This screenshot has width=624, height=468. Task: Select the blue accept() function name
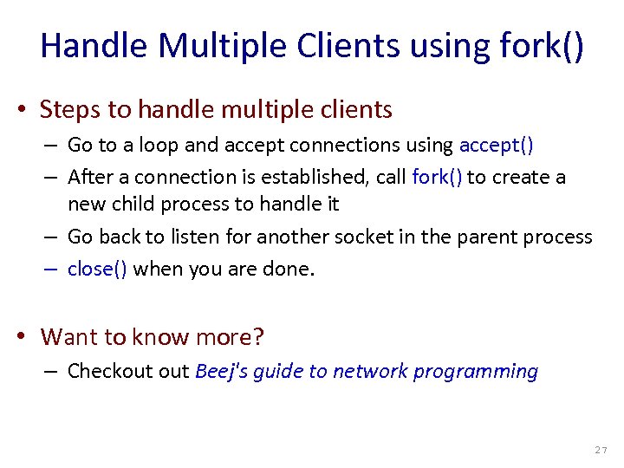pyautogui.click(x=496, y=146)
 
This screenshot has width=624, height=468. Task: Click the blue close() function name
pyautogui.click(x=97, y=269)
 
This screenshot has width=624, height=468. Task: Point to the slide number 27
pyautogui.click(x=601, y=451)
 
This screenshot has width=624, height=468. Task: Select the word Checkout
pyautogui.click(x=105, y=372)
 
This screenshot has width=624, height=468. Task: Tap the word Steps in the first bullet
pyautogui.click(x=67, y=110)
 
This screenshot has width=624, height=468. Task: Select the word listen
pyautogui.click(x=211, y=237)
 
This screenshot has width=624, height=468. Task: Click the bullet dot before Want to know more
pyautogui.click(x=29, y=336)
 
